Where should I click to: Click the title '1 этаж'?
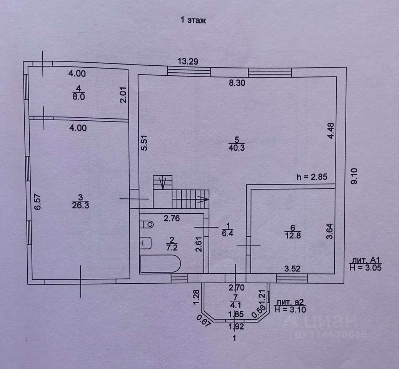click(x=193, y=21)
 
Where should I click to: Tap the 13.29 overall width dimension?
click(x=188, y=61)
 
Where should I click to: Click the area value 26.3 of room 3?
click(x=81, y=205)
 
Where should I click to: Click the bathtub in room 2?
click(x=160, y=264)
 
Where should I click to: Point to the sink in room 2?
click(x=146, y=243)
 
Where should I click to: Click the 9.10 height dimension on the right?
click(x=354, y=175)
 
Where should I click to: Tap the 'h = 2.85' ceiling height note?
click(x=312, y=178)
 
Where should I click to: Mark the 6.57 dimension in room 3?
click(x=37, y=202)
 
